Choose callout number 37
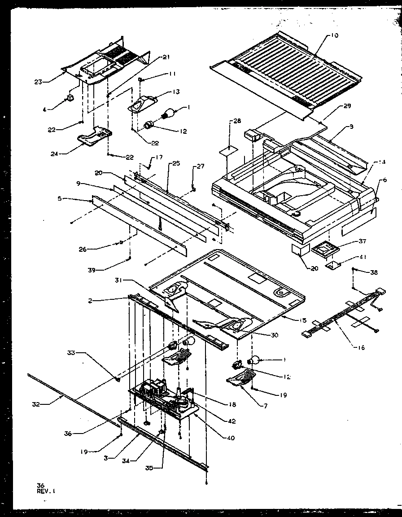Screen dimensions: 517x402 (x=350, y=241)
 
